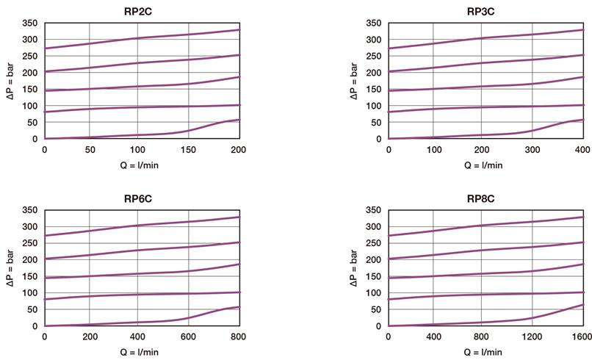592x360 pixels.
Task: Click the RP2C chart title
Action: click(141, 11)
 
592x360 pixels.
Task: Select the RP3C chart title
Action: click(484, 11)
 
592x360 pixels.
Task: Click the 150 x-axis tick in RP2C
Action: click(189, 150)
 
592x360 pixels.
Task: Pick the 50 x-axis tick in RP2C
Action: click(90, 150)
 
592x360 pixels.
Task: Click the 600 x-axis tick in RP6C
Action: click(189, 337)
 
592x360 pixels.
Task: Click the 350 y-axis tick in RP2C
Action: click(30, 24)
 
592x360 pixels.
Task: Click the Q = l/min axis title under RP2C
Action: click(141, 165)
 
